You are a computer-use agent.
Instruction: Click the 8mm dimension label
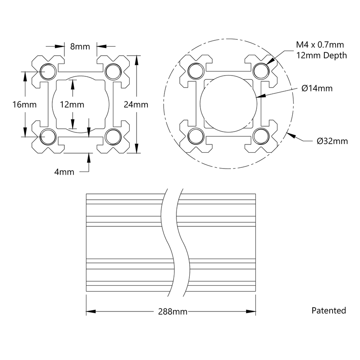pyautogui.click(x=80, y=47)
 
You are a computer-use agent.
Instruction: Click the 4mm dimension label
pyautogui.click(x=64, y=171)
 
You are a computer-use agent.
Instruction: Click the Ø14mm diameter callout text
pyautogui.click(x=317, y=88)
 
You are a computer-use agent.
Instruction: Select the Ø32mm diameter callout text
pyautogui.click(x=332, y=141)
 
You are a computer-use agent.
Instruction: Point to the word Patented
pyautogui.click(x=328, y=311)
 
